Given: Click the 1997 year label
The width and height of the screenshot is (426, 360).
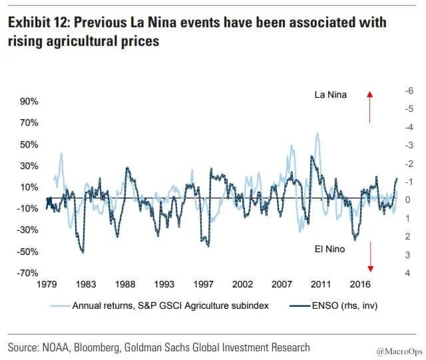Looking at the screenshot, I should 204,283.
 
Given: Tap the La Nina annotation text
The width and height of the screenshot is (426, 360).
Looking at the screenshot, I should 330,95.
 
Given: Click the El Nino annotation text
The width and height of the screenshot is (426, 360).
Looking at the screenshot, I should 328,249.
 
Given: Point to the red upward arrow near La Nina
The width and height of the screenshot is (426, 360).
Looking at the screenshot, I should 371,106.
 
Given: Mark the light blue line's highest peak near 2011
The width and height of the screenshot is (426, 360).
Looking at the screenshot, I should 318,133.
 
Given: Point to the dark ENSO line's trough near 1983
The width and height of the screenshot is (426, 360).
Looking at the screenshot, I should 83,252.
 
